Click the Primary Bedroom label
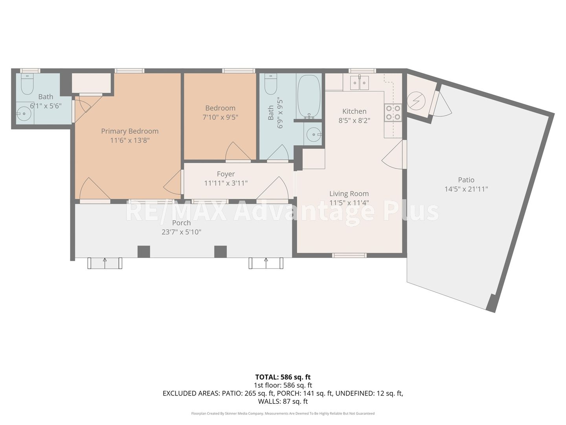[130, 131]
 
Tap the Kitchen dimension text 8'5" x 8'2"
[354, 120]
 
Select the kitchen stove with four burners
[393, 113]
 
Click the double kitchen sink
[360, 83]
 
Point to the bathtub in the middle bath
[309, 96]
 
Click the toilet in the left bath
[27, 83]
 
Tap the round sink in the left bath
[24, 113]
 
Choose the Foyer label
[226, 174]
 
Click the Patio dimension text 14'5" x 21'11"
[466, 189]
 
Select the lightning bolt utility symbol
[416, 101]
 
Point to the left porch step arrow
[105, 263]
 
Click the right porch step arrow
[266, 263]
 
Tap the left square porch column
[143, 251]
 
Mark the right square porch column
[221, 251]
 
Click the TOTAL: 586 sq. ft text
[283, 377]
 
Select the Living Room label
[349, 194]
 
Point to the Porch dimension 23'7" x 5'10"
[181, 232]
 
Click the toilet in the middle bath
[271, 83]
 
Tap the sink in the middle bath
[313, 135]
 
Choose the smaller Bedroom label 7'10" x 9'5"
[220, 113]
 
